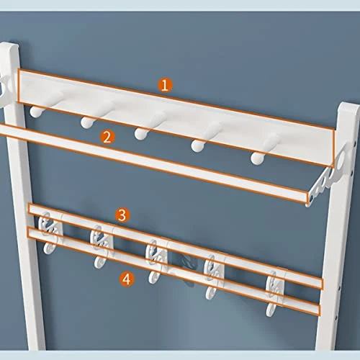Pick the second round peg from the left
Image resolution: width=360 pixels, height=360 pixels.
[88, 122]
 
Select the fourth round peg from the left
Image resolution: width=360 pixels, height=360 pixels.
[198, 144]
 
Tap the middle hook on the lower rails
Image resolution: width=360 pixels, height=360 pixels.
[154, 259]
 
